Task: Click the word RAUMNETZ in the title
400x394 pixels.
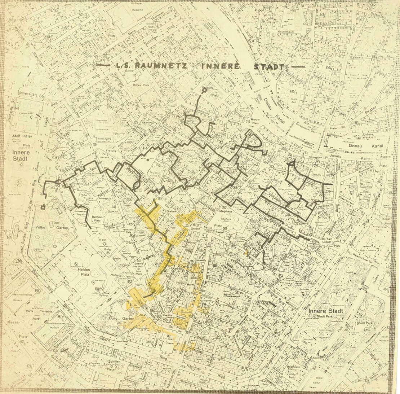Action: (x=158, y=66)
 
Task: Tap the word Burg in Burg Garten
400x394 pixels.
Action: (x=114, y=319)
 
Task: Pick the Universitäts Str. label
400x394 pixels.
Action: (x=24, y=96)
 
